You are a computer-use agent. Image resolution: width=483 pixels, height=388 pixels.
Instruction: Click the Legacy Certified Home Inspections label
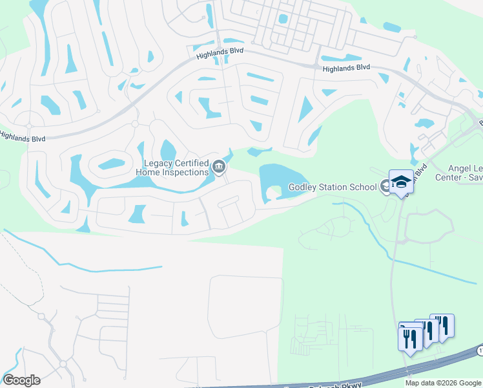[x=172, y=167]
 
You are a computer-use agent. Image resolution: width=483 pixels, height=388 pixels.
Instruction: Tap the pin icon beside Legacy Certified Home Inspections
[x=219, y=167]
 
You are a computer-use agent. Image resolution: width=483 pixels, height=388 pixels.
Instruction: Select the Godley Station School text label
[x=332, y=188]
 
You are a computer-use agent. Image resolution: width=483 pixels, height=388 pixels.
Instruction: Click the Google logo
[x=21, y=380]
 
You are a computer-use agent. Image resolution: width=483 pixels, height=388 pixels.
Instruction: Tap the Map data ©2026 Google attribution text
[x=442, y=383]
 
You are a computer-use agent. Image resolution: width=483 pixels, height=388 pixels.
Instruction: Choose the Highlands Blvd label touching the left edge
[x=22, y=136]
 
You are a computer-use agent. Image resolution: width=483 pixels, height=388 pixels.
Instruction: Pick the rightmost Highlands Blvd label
[x=346, y=67]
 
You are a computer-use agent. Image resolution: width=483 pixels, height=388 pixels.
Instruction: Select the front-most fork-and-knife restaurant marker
[x=411, y=338]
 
